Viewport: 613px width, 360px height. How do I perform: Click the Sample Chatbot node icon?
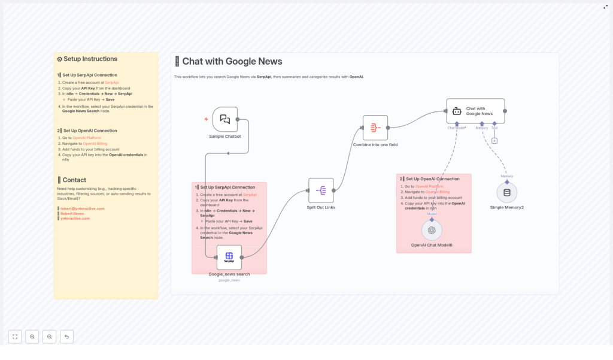[x=225, y=119]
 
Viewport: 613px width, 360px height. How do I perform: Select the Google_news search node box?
[x=229, y=258]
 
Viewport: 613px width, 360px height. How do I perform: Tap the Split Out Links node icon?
[x=321, y=190]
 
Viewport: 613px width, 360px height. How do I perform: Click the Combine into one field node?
[x=375, y=128]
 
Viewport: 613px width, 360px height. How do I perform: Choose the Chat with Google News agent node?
[x=475, y=111]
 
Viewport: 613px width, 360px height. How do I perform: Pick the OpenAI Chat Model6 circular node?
[x=432, y=230]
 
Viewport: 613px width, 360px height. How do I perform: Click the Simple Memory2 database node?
[x=507, y=192]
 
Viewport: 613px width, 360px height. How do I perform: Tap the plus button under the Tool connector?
[x=494, y=141]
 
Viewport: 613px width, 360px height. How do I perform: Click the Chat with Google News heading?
[x=232, y=61]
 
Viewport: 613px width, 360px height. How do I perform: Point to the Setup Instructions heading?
[x=90, y=59]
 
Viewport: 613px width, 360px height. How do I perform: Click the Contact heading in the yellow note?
[x=74, y=180]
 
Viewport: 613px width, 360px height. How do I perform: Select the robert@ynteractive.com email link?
[x=83, y=208]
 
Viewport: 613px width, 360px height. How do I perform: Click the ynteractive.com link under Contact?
[x=75, y=218]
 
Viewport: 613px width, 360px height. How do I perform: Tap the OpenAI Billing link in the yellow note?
[x=95, y=144]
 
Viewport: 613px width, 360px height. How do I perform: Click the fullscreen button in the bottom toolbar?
[x=15, y=337]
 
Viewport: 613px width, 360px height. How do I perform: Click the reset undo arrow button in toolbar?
[x=66, y=337]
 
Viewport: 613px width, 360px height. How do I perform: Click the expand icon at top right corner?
[x=605, y=7]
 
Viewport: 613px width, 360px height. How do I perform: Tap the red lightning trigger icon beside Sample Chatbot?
[x=207, y=119]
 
